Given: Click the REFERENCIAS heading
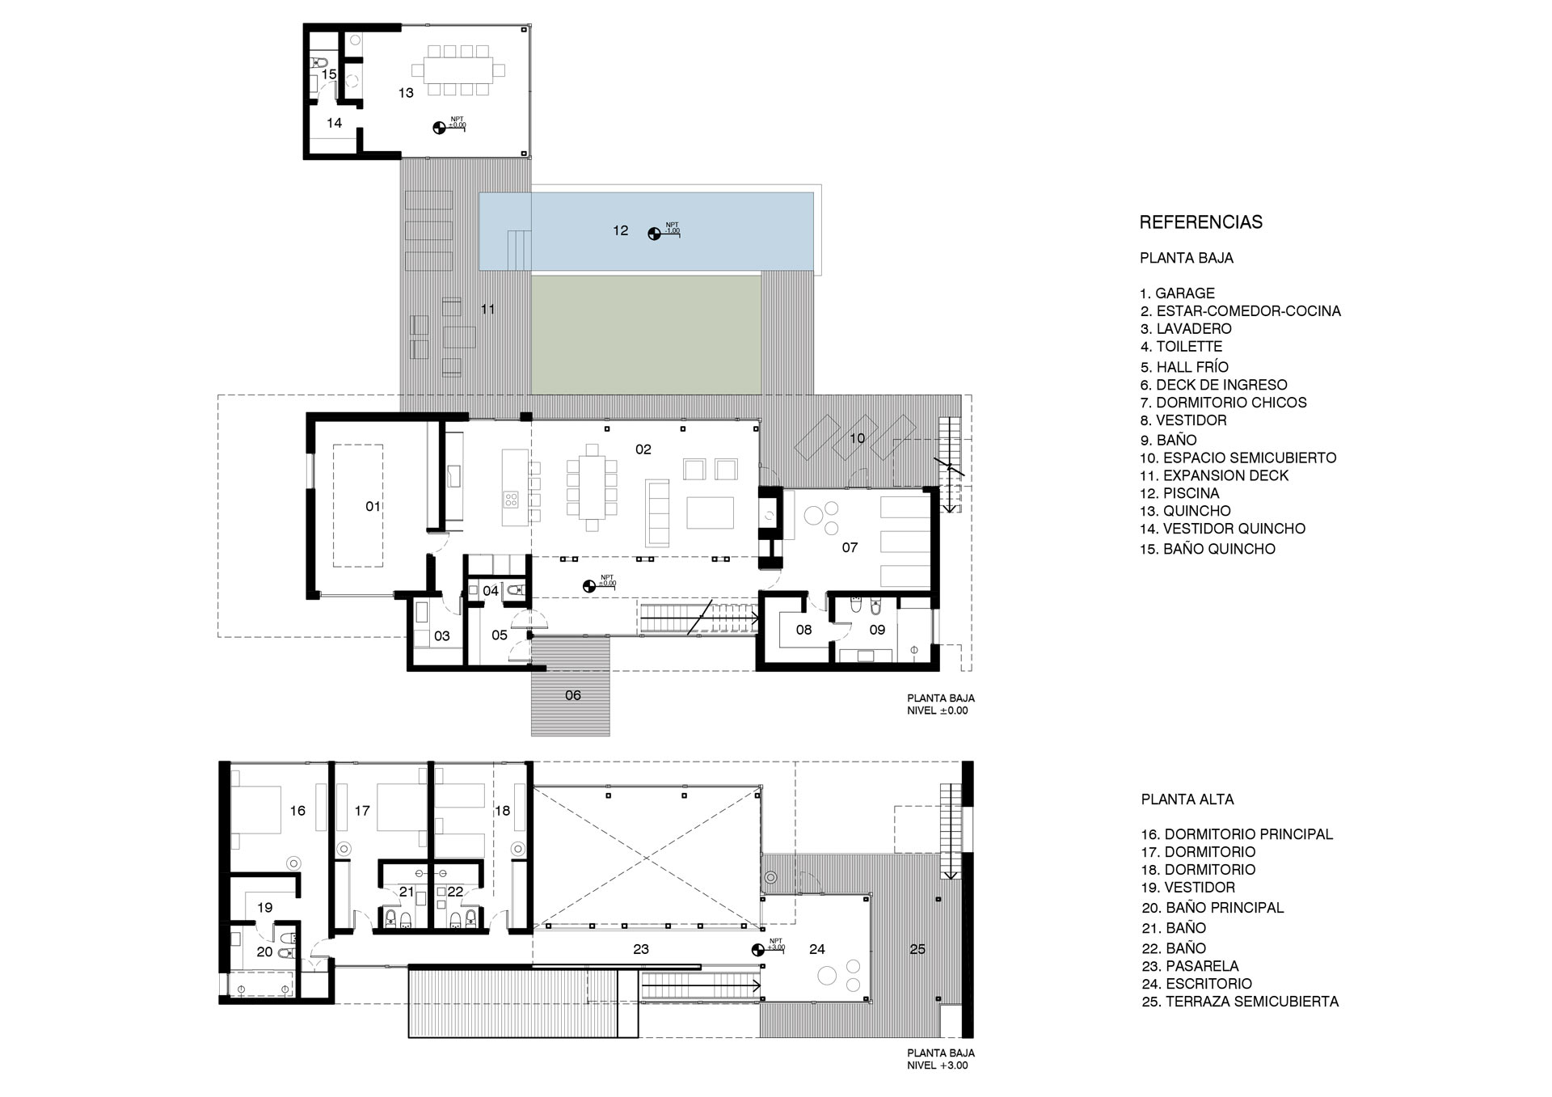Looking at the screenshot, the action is [1200, 222].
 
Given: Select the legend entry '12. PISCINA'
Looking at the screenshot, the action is [1179, 493].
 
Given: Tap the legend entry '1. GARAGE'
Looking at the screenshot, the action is [1177, 293].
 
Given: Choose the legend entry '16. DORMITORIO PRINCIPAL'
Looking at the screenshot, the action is [1237, 834].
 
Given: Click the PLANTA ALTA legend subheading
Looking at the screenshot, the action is [1187, 800].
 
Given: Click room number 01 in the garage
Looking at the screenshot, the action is [373, 507].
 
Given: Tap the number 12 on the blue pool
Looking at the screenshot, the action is [620, 230].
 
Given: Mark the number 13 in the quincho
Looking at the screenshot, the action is [406, 93].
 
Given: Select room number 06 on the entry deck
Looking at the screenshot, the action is [573, 695].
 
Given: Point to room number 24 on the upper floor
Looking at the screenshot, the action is [817, 949].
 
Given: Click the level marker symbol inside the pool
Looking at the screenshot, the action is [654, 234].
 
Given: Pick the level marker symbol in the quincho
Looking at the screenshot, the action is [439, 127].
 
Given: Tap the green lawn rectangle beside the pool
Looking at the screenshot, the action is [646, 332].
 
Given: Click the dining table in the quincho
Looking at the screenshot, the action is [458, 70].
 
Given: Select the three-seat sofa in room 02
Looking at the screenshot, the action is [657, 513].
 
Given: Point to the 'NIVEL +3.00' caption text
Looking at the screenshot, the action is [937, 1065].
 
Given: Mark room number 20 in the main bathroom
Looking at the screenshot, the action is [264, 952].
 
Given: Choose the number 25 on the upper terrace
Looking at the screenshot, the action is [917, 949].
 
